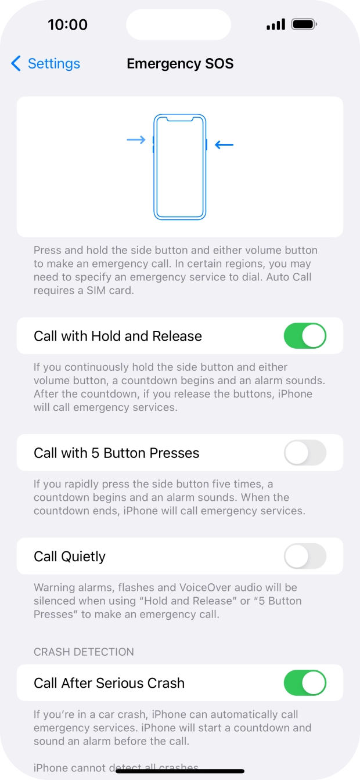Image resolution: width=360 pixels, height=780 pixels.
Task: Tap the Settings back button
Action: click(45, 64)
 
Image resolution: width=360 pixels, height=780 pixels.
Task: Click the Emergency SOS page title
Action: click(180, 64)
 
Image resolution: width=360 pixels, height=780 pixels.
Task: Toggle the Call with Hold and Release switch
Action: click(305, 336)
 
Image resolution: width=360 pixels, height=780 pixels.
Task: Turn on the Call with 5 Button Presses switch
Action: click(305, 453)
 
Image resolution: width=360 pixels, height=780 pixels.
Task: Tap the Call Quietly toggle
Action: click(305, 557)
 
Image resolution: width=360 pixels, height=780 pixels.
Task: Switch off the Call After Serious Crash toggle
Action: click(305, 683)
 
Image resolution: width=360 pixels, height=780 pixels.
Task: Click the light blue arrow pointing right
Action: click(136, 140)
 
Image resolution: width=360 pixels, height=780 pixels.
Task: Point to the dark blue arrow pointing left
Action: click(224, 145)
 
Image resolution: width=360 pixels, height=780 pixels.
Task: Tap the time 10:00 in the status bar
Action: click(67, 25)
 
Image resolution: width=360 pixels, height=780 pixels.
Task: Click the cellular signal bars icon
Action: click(276, 25)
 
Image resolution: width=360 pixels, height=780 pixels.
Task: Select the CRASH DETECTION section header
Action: click(84, 652)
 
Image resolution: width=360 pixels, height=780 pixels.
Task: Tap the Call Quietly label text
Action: click(70, 557)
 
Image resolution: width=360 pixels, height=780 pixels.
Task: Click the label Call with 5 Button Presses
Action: click(117, 453)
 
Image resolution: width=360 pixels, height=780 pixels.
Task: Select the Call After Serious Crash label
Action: click(109, 683)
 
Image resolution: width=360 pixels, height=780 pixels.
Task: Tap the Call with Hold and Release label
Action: click(118, 336)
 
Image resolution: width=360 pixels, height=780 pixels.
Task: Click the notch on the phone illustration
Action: click(180, 120)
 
